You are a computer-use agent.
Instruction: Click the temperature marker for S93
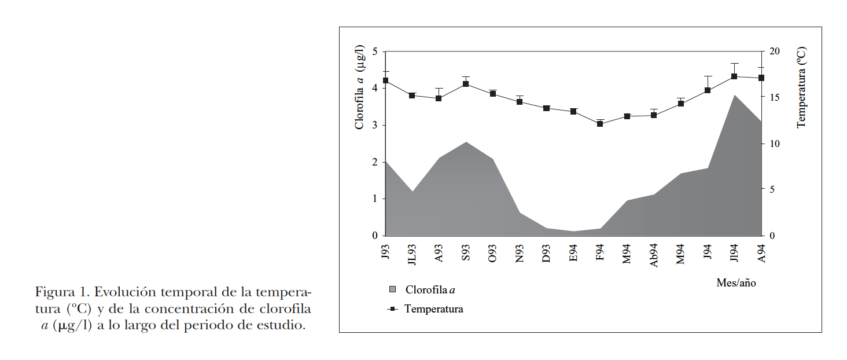point(466,85)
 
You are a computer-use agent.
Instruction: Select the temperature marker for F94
point(600,124)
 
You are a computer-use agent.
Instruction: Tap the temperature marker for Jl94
point(734,76)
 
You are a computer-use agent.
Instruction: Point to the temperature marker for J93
point(385,80)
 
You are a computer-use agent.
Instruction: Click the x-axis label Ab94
point(654,254)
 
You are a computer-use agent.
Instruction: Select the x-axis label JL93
point(412,254)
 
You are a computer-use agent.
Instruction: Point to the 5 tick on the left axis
point(375,52)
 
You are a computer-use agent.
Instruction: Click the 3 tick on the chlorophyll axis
point(375,126)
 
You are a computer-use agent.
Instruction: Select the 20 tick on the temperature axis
point(775,52)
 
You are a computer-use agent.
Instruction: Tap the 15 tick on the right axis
point(775,98)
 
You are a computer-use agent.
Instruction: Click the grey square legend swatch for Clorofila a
point(393,289)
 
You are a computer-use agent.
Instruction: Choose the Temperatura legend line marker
point(393,309)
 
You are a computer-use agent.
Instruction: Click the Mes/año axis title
point(736,283)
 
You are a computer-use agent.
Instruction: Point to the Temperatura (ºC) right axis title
point(801,87)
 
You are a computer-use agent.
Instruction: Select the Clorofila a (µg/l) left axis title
point(360,87)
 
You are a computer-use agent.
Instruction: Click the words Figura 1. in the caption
point(62,291)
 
